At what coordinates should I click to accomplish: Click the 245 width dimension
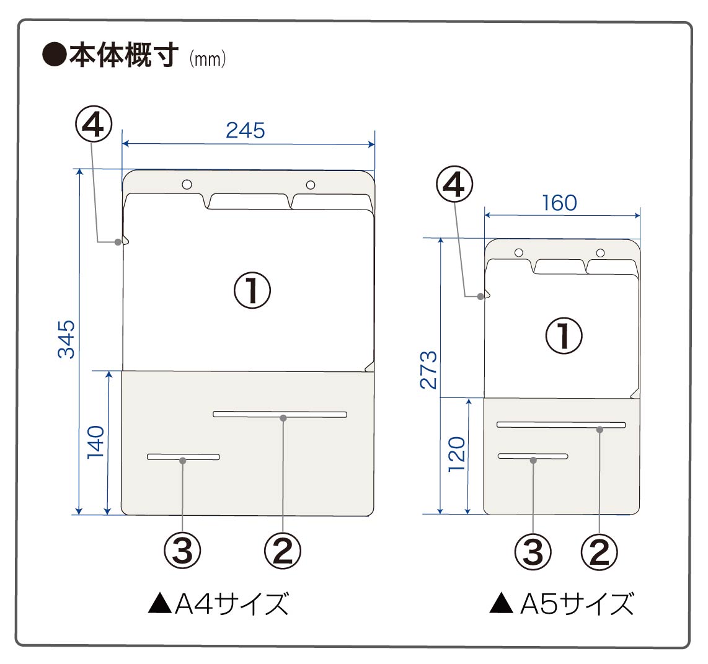point(246,130)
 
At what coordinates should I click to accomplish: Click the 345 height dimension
point(66,339)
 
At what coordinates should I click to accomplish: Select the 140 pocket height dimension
point(95,442)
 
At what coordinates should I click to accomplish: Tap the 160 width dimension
point(559,203)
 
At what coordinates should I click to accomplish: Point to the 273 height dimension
point(429,370)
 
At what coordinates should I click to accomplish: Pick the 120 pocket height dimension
point(456,453)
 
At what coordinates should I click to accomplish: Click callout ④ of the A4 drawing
point(94,125)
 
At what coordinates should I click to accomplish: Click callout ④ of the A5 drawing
point(454,185)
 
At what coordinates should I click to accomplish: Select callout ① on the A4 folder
point(252,291)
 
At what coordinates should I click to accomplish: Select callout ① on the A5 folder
point(564,336)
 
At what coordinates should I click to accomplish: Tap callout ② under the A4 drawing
point(283,550)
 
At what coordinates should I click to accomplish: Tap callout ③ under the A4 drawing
point(182,550)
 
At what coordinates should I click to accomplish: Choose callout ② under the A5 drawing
point(599,551)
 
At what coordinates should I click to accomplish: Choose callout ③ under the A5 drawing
point(533,551)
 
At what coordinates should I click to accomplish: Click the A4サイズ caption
point(219,603)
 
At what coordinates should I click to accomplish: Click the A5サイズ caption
point(562,603)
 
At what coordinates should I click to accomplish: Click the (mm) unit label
point(206,60)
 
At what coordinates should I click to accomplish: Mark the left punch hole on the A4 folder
point(187,184)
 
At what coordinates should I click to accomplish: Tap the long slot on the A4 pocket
point(280,414)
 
